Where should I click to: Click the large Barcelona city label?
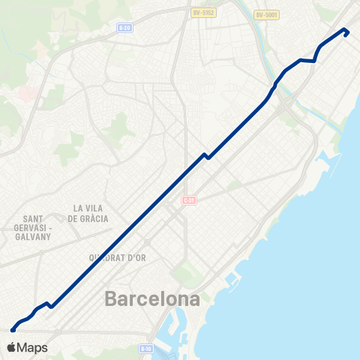153,299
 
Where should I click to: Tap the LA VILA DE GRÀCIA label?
88,213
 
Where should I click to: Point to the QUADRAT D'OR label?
118,257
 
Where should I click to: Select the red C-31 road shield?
188,200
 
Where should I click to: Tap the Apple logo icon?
12,347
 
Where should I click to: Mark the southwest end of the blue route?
13,328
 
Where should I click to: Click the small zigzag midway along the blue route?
205,155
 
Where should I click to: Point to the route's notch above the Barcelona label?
47,304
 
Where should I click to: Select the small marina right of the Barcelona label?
229,282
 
